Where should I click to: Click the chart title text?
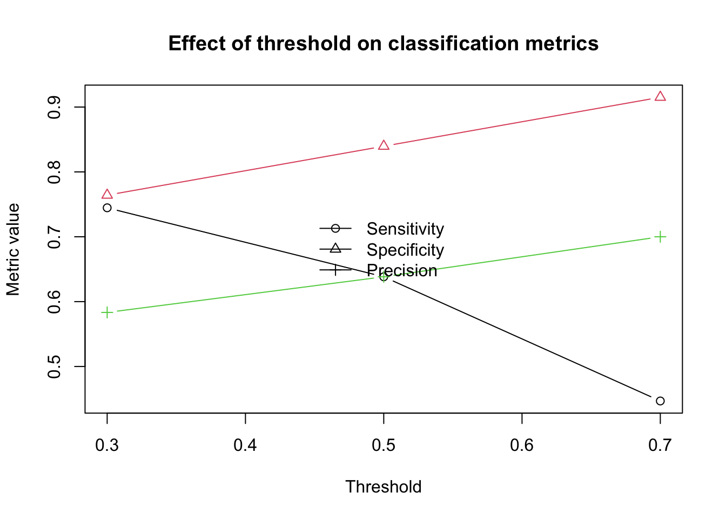pyautogui.click(x=383, y=43)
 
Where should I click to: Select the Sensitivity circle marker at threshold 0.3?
pyautogui.click(x=107, y=208)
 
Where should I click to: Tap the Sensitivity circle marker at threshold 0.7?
pyautogui.click(x=660, y=401)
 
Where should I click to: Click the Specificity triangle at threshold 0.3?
pyautogui.click(x=107, y=194)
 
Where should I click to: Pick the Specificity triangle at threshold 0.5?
pyautogui.click(x=384, y=145)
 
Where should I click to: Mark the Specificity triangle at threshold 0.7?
pyautogui.click(x=660, y=96)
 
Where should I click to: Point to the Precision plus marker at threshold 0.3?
pyautogui.click(x=107, y=312)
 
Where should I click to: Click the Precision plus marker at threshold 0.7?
pyautogui.click(x=660, y=237)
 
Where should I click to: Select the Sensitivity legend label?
pyautogui.click(x=405, y=229)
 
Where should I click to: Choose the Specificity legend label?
pyautogui.click(x=405, y=250)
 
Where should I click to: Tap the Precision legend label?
pyautogui.click(x=402, y=270)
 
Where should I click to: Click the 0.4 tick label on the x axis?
pyautogui.click(x=245, y=445)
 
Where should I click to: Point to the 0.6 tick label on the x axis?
pyautogui.click(x=522, y=445)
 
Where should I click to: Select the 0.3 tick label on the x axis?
pyautogui.click(x=107, y=445)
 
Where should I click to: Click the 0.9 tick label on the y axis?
pyautogui.click(x=54, y=107)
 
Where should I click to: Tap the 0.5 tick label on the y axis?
pyautogui.click(x=54, y=367)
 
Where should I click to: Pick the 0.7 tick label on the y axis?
pyautogui.click(x=54, y=237)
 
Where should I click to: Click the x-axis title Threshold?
pyautogui.click(x=383, y=487)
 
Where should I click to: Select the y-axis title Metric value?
pyautogui.click(x=13, y=249)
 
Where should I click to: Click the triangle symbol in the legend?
pyautogui.click(x=335, y=249)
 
